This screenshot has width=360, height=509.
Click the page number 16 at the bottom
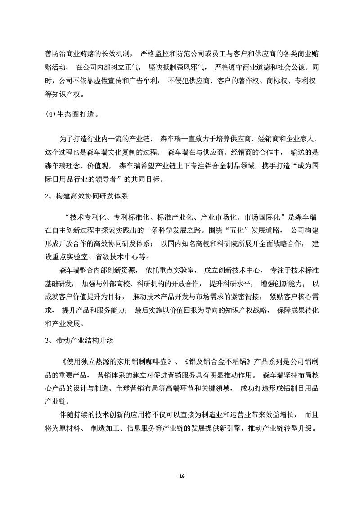(181, 476)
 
